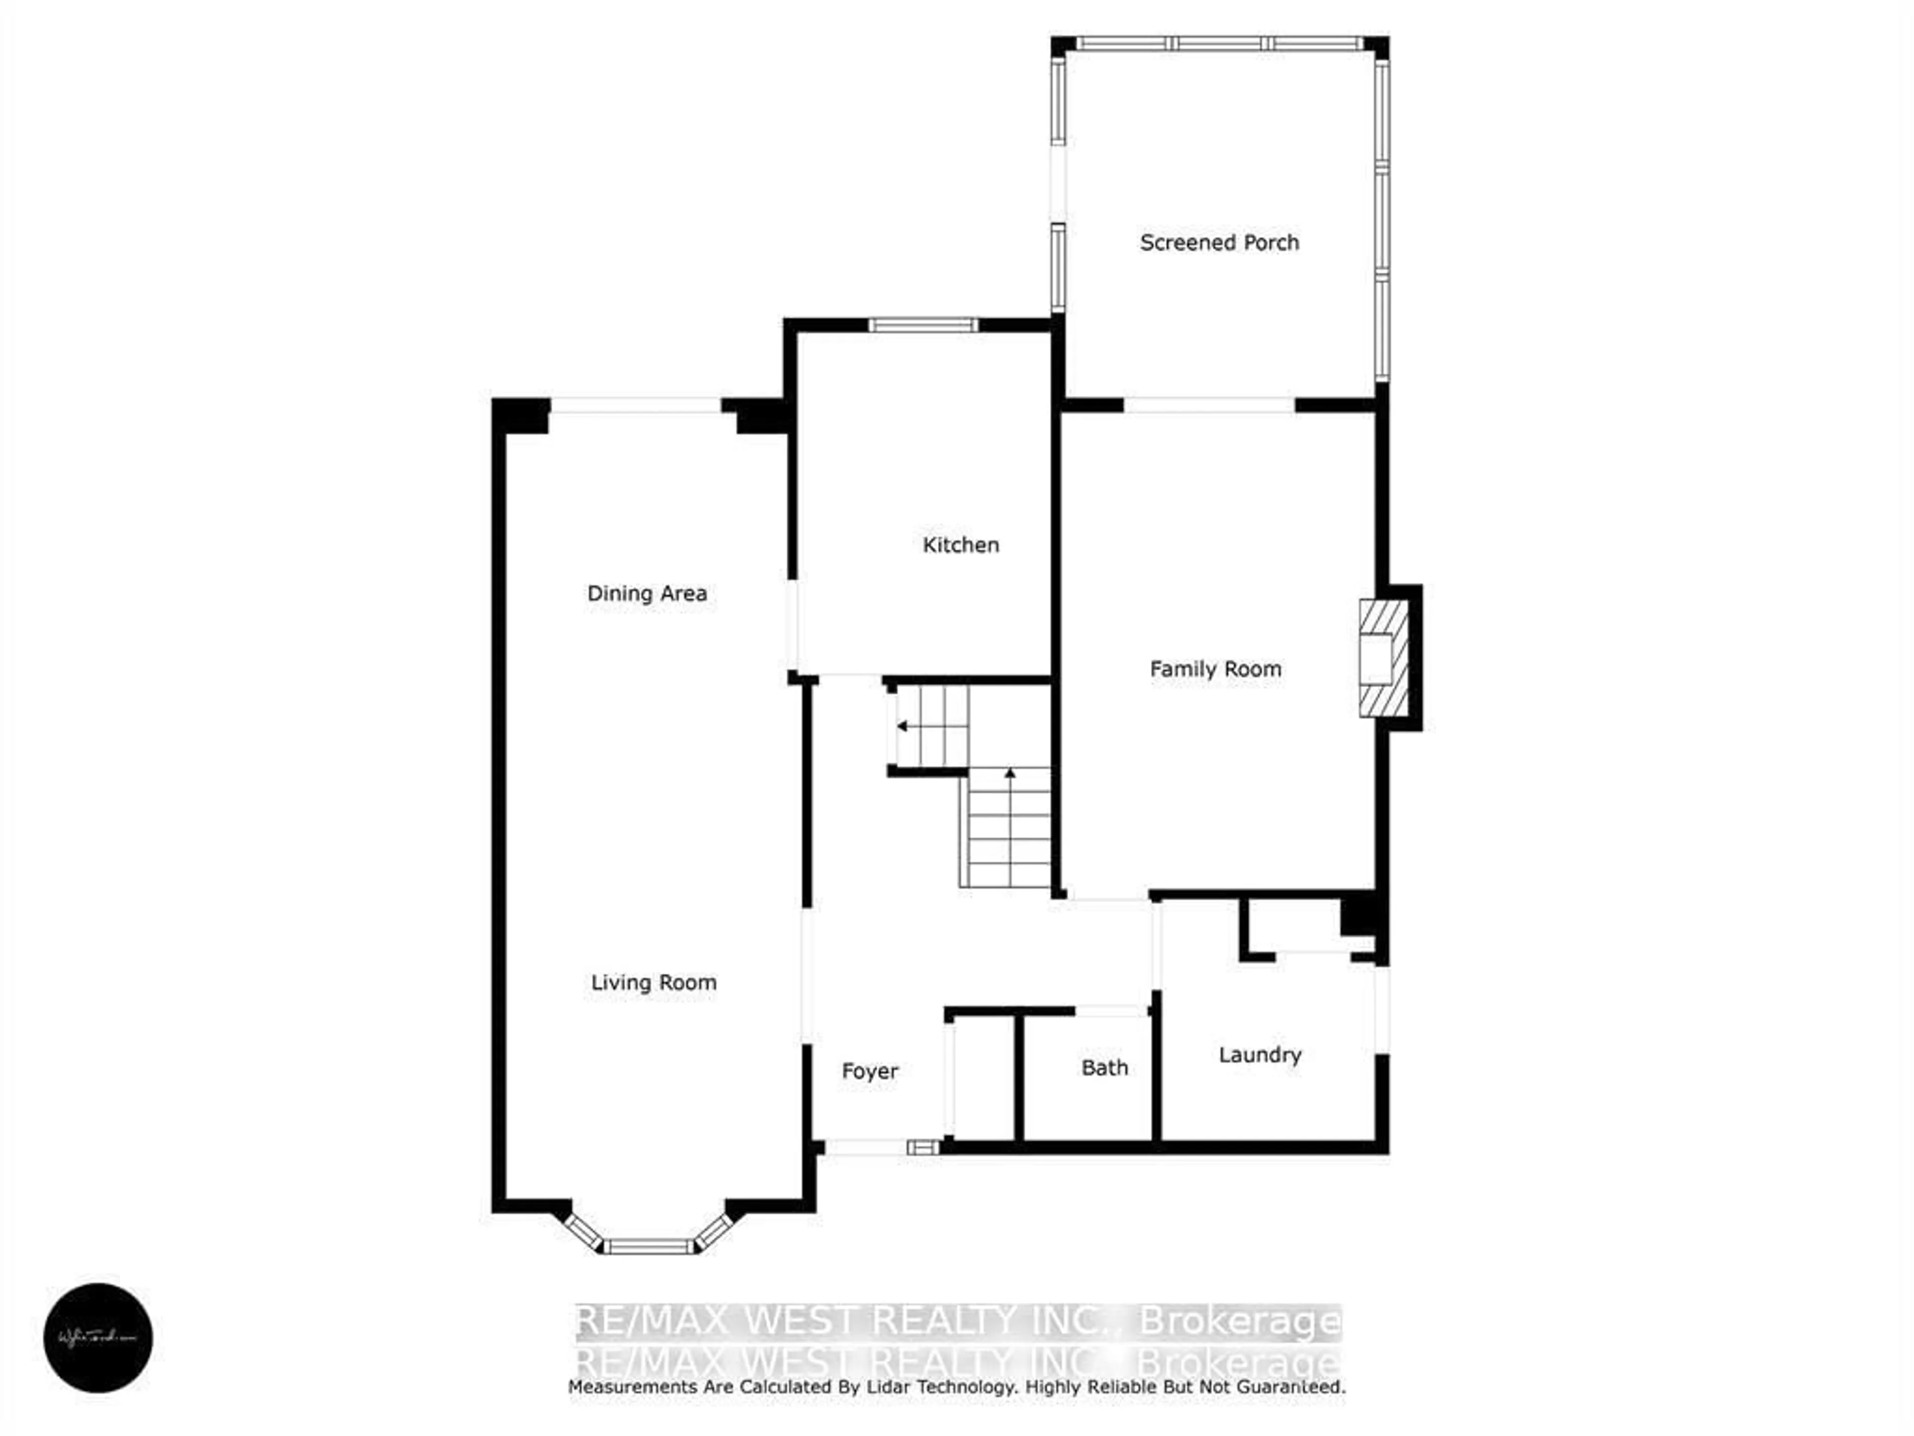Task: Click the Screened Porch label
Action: point(1219,242)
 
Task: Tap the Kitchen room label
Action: point(960,544)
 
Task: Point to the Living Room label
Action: point(653,982)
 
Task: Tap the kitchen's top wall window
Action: point(923,326)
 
